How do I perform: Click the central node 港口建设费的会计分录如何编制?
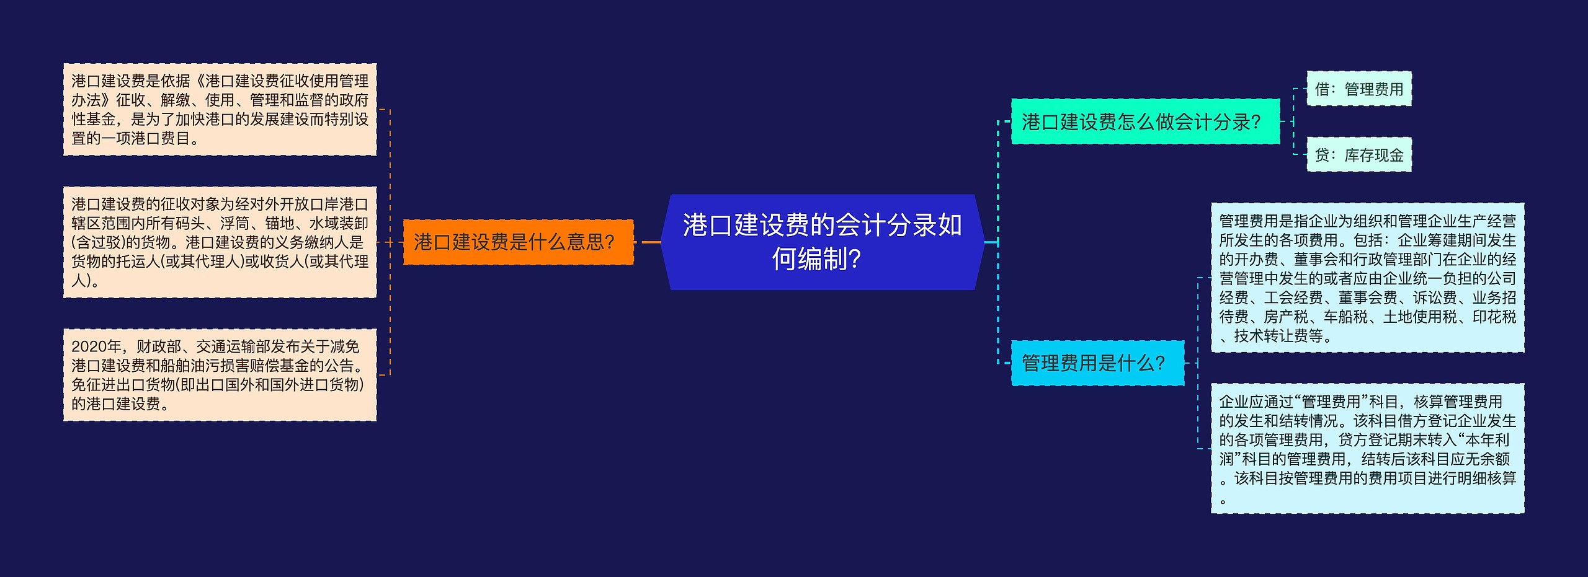pos(822,242)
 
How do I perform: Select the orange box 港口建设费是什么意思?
pos(518,242)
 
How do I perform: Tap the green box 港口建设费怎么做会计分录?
pos(1145,121)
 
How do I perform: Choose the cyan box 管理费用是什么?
pos(1097,363)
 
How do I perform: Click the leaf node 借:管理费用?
pos(1358,89)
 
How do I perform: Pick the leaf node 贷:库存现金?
pos(1358,155)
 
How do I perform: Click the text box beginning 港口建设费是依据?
pos(220,109)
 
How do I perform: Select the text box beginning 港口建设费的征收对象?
pos(220,242)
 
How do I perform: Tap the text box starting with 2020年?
pos(220,375)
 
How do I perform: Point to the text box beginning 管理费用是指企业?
pos(1367,278)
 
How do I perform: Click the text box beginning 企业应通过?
pos(1367,448)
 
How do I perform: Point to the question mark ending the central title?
pos(854,260)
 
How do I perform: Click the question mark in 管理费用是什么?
pos(1159,363)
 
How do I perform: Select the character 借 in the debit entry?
pos(1322,89)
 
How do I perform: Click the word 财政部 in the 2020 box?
pos(159,346)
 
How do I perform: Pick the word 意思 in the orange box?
pos(585,242)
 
